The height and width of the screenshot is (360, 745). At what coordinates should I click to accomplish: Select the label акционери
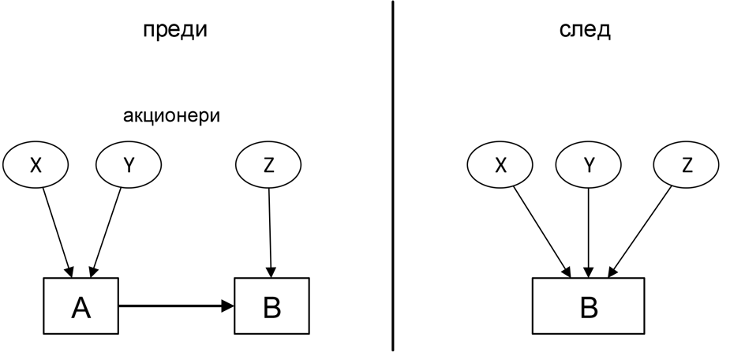171,116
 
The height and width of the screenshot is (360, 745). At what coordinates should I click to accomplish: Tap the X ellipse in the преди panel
36,165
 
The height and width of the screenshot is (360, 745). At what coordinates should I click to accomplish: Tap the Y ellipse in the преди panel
129,165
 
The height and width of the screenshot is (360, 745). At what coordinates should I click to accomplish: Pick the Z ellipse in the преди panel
268,165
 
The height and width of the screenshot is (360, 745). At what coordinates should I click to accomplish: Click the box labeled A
80,306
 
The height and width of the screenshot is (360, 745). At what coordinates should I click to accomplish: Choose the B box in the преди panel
271,306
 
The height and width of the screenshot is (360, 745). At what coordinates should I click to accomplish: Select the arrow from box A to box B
176,306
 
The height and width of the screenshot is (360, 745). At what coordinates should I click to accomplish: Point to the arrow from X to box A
58,233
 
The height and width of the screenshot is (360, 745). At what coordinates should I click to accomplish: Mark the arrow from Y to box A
106,233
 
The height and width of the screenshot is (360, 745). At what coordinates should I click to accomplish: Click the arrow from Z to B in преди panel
270,233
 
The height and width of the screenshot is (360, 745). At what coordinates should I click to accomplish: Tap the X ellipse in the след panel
500,165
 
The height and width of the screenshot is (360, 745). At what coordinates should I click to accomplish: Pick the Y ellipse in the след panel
588,165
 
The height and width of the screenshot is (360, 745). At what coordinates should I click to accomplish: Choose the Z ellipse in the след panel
686,165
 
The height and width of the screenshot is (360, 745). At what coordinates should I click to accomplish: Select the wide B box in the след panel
588,306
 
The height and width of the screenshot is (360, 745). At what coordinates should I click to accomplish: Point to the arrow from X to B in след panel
541,231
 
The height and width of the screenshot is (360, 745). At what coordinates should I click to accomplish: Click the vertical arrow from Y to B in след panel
588,233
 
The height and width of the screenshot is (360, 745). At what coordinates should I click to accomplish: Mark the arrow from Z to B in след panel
640,231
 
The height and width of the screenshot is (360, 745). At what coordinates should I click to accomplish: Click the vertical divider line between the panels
393,176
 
